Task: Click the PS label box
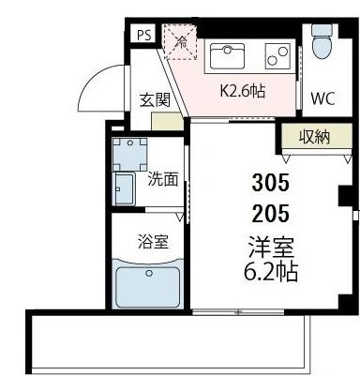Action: point(143,35)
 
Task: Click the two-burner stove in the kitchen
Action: point(277,56)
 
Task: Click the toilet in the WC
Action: point(322,41)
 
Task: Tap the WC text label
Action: point(322,97)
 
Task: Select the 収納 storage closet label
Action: point(314,137)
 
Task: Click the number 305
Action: point(270,181)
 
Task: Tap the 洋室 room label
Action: point(270,248)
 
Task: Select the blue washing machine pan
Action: point(129,153)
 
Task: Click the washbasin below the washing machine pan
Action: point(126,188)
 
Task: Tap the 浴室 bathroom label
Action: point(153,241)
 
